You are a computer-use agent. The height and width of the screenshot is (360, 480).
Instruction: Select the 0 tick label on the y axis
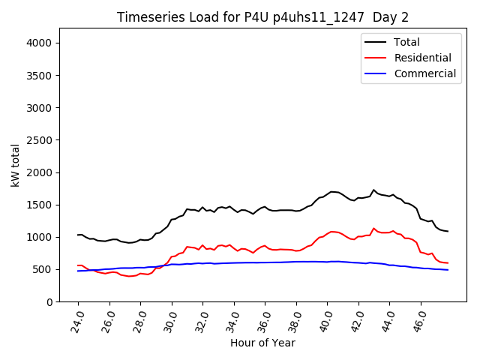point(49,301)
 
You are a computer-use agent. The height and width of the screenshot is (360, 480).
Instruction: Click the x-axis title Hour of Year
point(262,343)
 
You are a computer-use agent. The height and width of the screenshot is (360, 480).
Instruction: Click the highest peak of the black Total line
point(373,190)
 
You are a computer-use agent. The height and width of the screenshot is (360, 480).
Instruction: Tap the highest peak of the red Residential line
point(373,228)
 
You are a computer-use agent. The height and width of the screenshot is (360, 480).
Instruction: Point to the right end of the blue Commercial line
point(448,270)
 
